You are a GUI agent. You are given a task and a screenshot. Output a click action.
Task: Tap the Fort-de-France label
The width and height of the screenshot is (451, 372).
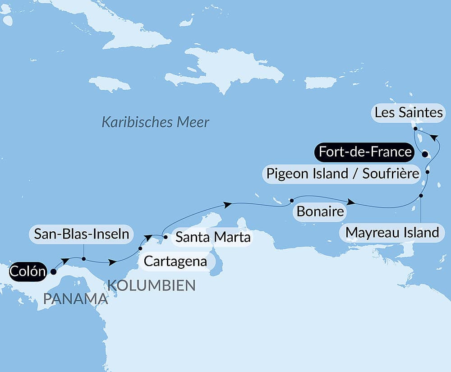point(365,152)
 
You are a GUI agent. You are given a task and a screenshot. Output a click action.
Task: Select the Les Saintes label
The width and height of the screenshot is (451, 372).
point(409,112)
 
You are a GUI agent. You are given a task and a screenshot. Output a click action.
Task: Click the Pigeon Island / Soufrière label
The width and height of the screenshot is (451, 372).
point(343,173)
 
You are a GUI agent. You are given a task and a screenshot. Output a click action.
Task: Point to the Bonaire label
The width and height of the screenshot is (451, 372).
point(320,211)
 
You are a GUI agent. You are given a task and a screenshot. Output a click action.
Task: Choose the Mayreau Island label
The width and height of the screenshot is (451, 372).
point(391,233)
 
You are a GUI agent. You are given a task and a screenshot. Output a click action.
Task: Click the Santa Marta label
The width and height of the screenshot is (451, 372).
point(212,237)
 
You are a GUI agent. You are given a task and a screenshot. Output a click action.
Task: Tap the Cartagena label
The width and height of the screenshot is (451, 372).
point(175,261)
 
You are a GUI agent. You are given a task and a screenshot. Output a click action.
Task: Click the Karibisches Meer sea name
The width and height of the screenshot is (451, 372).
point(155,122)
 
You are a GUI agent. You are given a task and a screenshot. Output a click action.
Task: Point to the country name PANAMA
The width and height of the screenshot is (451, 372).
point(76,298)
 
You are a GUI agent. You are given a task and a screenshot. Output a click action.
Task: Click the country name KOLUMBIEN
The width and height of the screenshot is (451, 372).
point(151,285)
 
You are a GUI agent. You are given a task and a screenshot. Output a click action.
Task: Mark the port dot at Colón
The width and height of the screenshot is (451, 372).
point(54,271)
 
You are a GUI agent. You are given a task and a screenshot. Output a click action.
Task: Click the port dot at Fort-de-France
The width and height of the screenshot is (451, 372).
point(425,154)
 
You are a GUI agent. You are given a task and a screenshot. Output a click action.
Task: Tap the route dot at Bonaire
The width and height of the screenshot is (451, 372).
point(292,200)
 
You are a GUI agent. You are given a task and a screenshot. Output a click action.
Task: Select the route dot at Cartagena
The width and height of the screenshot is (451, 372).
point(140,248)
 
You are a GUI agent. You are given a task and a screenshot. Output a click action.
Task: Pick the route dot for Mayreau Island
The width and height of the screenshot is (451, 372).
point(421,196)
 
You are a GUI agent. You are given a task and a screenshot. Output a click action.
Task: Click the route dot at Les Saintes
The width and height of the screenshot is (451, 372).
point(415,129)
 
